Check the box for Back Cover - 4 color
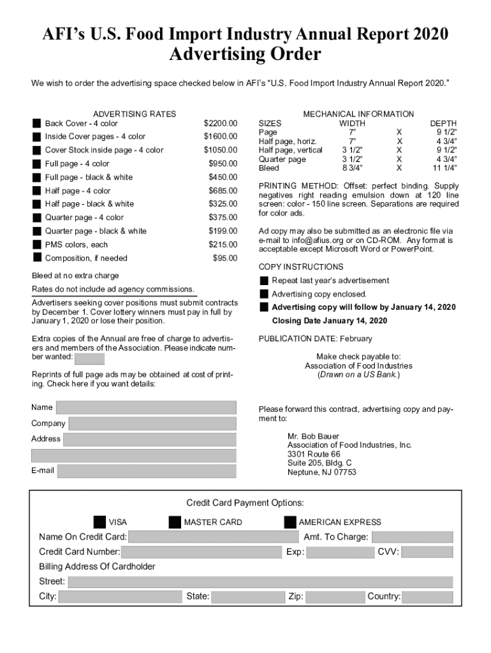click(x=37, y=123)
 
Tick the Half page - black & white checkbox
click(x=37, y=204)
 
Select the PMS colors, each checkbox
click(x=37, y=244)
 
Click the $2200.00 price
click(x=220, y=123)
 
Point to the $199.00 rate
click(x=223, y=231)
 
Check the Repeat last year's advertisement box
click(x=264, y=281)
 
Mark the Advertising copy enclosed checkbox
click(x=264, y=294)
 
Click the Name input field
click(x=146, y=407)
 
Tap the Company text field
click(x=152, y=423)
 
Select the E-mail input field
click(x=146, y=471)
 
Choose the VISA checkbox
click(x=99, y=522)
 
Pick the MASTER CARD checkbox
click(x=175, y=522)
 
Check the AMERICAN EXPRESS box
click(x=290, y=522)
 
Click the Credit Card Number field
click(x=201, y=552)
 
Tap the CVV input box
click(x=427, y=552)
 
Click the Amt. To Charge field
click(x=412, y=537)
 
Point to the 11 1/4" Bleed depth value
click(x=445, y=168)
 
